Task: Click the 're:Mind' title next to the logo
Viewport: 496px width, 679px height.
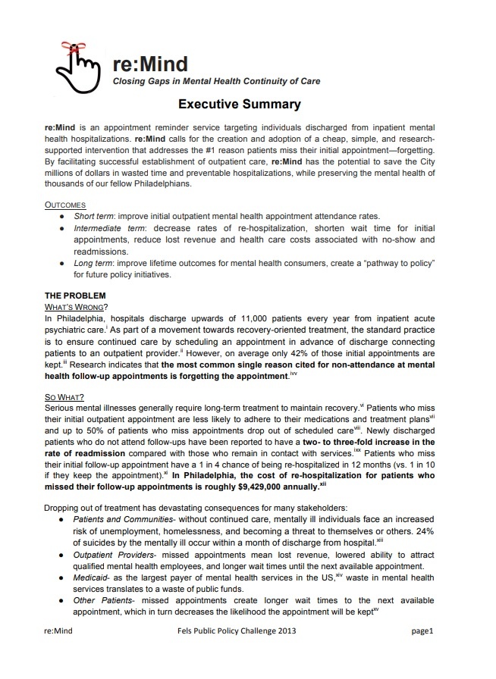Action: pyautogui.click(x=149, y=63)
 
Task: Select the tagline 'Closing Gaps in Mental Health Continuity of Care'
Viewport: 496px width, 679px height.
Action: pyautogui.click(x=216, y=81)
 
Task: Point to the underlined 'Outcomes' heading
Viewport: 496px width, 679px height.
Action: pyautogui.click(x=65, y=205)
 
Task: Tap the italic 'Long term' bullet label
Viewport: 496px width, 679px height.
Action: pyautogui.click(x=96, y=263)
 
